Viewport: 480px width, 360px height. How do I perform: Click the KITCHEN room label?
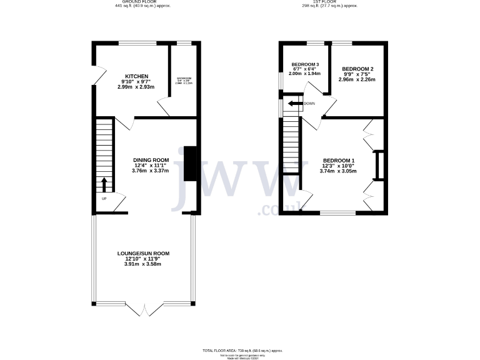coord(136,76)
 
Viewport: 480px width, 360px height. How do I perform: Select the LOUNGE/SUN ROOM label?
coord(143,253)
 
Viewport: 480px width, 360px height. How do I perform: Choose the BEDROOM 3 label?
coord(305,64)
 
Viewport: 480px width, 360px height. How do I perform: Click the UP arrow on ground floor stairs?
coord(104,184)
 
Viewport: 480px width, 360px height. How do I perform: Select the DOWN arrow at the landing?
coord(292,104)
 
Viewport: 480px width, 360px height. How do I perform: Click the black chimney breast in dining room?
coord(189,164)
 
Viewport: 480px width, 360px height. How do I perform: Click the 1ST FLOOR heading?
coord(329,2)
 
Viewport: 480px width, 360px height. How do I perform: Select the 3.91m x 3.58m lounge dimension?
coord(143,264)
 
